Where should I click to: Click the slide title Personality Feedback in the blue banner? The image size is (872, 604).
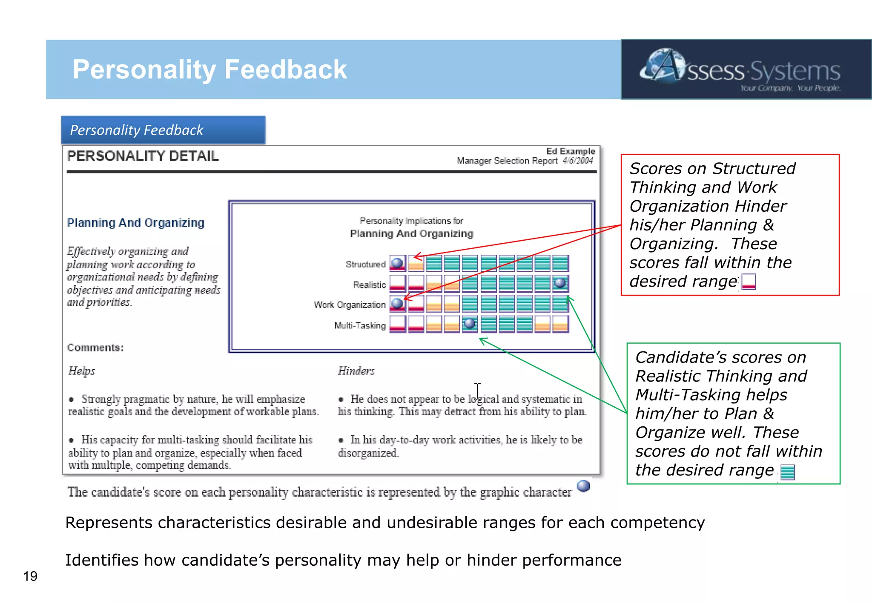pyautogui.click(x=209, y=69)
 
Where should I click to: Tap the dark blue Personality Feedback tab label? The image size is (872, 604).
pyautogui.click(x=137, y=130)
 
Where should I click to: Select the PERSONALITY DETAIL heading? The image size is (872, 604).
pyautogui.click(x=143, y=156)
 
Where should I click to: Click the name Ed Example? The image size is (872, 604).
pyautogui.click(x=570, y=151)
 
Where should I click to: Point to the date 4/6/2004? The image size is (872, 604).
pyautogui.click(x=577, y=161)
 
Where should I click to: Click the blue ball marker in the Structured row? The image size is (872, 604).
pyautogui.click(x=397, y=263)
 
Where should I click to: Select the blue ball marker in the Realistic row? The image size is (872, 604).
pyautogui.click(x=560, y=283)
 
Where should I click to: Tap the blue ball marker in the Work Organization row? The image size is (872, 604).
pyautogui.click(x=397, y=303)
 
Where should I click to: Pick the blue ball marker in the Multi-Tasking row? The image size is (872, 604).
pyautogui.click(x=470, y=323)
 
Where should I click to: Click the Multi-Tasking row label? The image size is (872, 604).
pyautogui.click(x=360, y=325)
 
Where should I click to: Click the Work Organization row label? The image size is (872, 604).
pyautogui.click(x=350, y=305)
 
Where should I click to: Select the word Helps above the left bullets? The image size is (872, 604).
pyautogui.click(x=82, y=371)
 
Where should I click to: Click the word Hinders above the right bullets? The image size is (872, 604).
pyautogui.click(x=356, y=371)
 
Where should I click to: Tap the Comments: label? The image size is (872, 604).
pyautogui.click(x=95, y=348)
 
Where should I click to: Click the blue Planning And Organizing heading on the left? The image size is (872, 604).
pyautogui.click(x=136, y=223)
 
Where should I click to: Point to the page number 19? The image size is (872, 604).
pyautogui.click(x=30, y=576)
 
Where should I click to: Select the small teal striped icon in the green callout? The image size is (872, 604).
pyautogui.click(x=787, y=472)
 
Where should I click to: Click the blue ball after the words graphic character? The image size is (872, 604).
pyautogui.click(x=583, y=486)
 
